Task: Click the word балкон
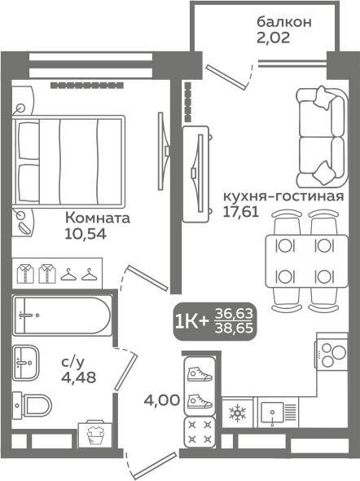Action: tap(284, 22)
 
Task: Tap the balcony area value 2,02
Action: tap(274, 38)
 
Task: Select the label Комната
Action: tap(98, 218)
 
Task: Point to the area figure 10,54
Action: tap(86, 234)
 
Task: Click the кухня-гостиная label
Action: tap(283, 196)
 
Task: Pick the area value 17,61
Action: tap(241, 212)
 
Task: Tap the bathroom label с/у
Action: tap(72, 362)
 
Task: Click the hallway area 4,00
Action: tap(162, 400)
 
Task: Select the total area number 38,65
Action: tap(235, 329)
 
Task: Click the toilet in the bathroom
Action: tap(32, 404)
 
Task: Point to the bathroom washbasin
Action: tap(26, 363)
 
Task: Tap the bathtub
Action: tap(61, 315)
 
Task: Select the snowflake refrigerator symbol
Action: tap(238, 413)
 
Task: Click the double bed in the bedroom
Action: tap(68, 161)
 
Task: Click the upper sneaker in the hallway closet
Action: tap(200, 374)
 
